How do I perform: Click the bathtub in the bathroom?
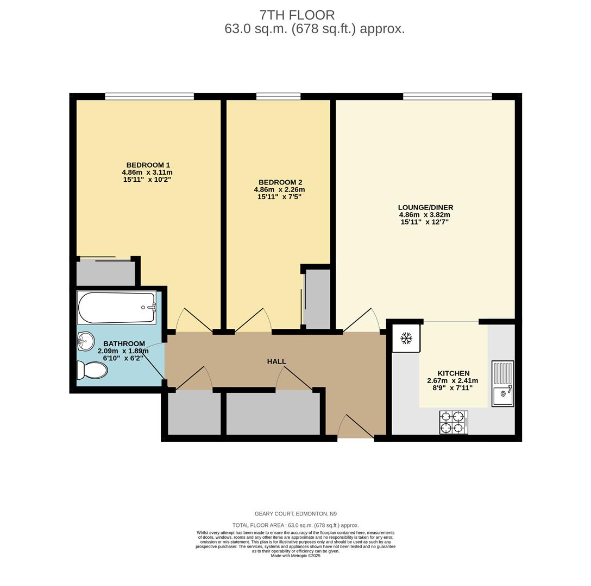pyautogui.click(x=116, y=308)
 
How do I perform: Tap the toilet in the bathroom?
pyautogui.click(x=92, y=370)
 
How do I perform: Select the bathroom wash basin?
pyautogui.click(x=86, y=341)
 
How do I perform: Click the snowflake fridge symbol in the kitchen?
pyautogui.click(x=406, y=339)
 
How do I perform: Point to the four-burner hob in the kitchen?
pyautogui.click(x=454, y=422)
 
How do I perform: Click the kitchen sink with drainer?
pyautogui.click(x=502, y=383)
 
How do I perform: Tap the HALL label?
pyautogui.click(x=276, y=361)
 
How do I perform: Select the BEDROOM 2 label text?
pyautogui.click(x=280, y=182)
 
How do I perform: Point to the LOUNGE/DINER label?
pyautogui.click(x=425, y=207)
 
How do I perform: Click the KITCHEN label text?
pyautogui.click(x=454, y=373)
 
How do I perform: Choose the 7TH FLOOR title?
pyautogui.click(x=297, y=15)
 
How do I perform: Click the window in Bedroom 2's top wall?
pyautogui.click(x=278, y=97)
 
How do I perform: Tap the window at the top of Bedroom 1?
pyautogui.click(x=149, y=97)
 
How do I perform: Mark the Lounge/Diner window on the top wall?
pyautogui.click(x=447, y=97)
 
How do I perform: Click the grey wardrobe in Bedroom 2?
pyautogui.click(x=318, y=298)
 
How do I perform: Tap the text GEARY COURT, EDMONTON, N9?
pyautogui.click(x=295, y=514)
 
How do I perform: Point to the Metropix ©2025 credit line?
pyautogui.click(x=295, y=556)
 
